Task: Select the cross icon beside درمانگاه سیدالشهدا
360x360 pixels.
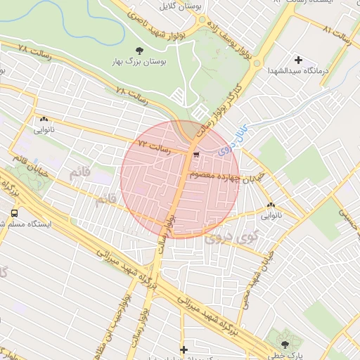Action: click(298, 60)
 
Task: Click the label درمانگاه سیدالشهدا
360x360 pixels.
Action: click(298, 72)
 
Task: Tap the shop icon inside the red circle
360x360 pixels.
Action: click(196, 153)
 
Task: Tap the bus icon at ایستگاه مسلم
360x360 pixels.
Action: click(14, 212)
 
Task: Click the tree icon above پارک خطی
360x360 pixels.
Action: click(285, 345)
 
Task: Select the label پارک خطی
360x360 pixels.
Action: click(288, 356)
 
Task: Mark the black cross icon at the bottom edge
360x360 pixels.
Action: click(184, 349)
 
